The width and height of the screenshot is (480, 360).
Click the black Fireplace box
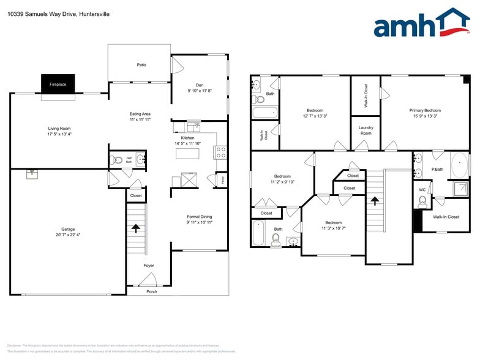[58, 84]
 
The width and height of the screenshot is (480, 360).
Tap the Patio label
[141, 65]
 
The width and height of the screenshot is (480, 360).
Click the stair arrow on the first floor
[135, 228]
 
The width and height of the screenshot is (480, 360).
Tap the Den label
[200, 84]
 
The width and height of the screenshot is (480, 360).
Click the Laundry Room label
[366, 130]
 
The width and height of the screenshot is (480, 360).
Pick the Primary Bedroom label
[425, 110]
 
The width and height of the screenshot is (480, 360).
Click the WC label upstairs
[422, 190]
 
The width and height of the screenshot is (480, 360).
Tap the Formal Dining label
[200, 217]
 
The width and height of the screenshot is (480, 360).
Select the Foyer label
[149, 266]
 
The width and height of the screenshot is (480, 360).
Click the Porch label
[151, 291]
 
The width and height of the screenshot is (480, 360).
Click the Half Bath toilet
[117, 160]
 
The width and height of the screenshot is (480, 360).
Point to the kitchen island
[188, 153]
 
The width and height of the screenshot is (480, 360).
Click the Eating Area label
[140, 114]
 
